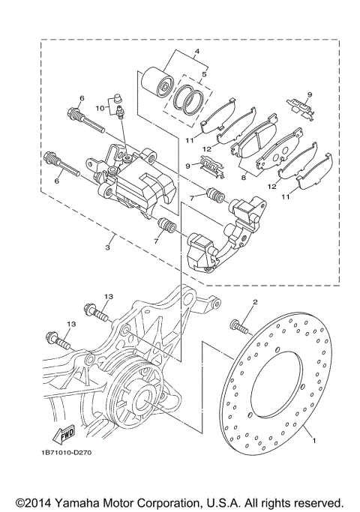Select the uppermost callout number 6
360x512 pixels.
coord(82,99)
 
